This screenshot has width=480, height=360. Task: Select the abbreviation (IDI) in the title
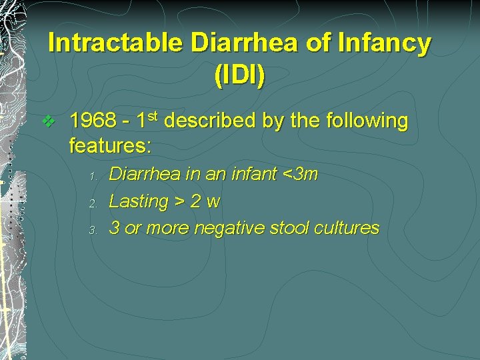coord(239,75)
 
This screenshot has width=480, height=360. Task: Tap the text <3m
coord(301,175)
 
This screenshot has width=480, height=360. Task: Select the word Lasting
coord(139,201)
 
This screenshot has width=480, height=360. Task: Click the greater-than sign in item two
coord(179,201)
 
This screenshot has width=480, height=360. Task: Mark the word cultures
coord(347,228)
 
